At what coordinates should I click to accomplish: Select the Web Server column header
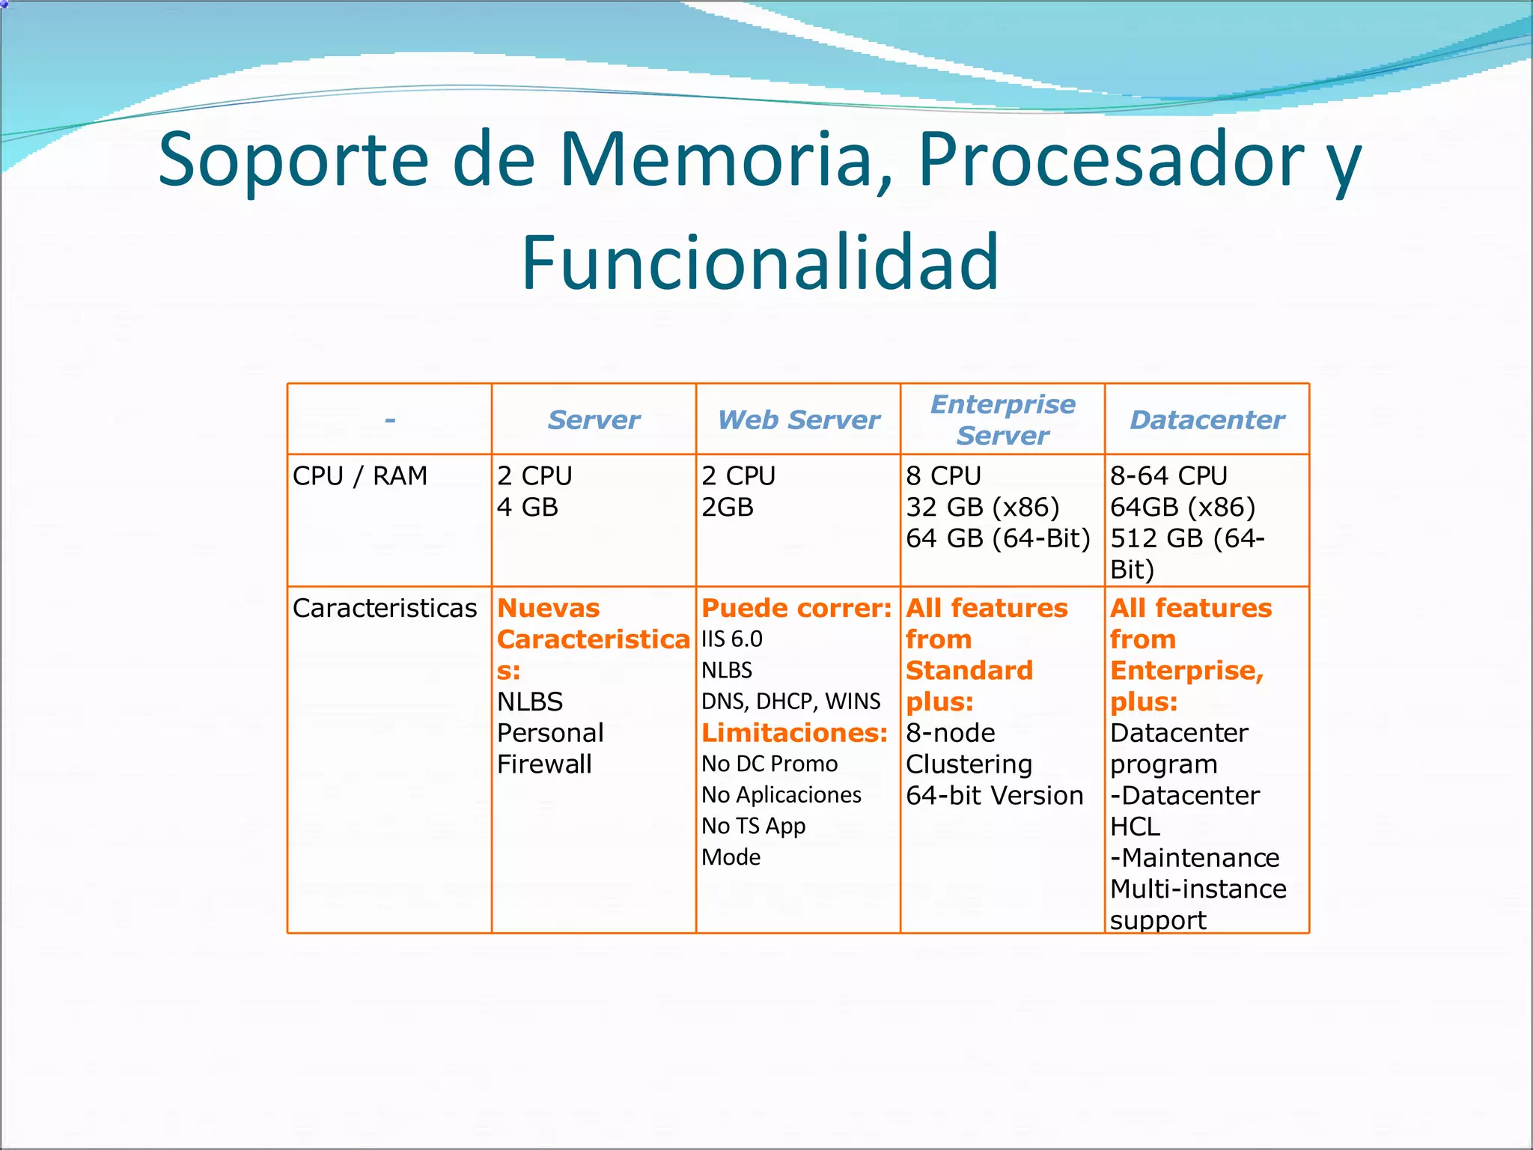click(x=798, y=420)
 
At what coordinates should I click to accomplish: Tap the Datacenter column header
click(x=1207, y=420)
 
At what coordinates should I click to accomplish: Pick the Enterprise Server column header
click(x=1002, y=420)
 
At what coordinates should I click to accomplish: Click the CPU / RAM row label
click(x=360, y=476)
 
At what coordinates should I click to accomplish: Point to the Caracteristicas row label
click(x=385, y=608)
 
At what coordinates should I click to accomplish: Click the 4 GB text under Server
click(x=528, y=508)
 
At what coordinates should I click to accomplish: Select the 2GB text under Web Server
click(x=727, y=508)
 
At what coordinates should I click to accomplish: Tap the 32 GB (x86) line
click(x=982, y=508)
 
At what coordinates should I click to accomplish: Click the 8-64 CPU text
click(x=1168, y=476)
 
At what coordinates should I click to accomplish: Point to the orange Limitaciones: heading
click(x=794, y=732)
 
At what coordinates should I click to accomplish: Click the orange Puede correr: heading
click(x=796, y=608)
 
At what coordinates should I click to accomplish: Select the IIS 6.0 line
click(x=731, y=639)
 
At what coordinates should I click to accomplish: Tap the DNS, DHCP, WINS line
click(x=790, y=702)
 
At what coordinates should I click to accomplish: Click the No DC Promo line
click(x=769, y=764)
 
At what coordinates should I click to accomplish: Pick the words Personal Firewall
click(x=550, y=748)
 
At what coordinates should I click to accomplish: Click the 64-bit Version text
click(x=994, y=795)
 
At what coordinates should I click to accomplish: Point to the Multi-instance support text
click(x=1198, y=904)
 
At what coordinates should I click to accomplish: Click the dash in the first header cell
click(x=390, y=420)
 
